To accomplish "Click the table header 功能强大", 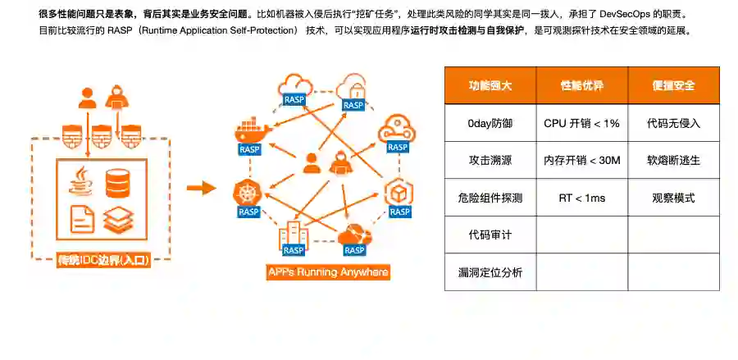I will click(x=490, y=85).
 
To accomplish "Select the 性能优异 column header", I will click(x=582, y=85).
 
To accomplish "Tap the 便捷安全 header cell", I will click(x=673, y=85).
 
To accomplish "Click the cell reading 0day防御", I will click(x=490, y=123).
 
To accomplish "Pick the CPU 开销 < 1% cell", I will click(x=582, y=123).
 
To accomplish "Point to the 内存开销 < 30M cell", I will click(x=582, y=161).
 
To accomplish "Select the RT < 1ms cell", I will click(x=582, y=198).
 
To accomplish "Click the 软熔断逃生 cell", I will click(x=673, y=161).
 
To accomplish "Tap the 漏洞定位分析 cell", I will click(x=490, y=272).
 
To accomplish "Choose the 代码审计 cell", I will click(x=490, y=235).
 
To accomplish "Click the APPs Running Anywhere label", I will click(x=328, y=271).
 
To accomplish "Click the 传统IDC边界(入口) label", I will click(x=103, y=262).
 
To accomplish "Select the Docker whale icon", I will click(x=249, y=131).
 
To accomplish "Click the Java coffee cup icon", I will click(x=82, y=181).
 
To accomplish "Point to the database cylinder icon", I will click(x=118, y=181).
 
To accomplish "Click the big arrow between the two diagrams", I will click(x=199, y=189).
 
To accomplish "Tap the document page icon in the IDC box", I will click(x=82, y=217).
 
